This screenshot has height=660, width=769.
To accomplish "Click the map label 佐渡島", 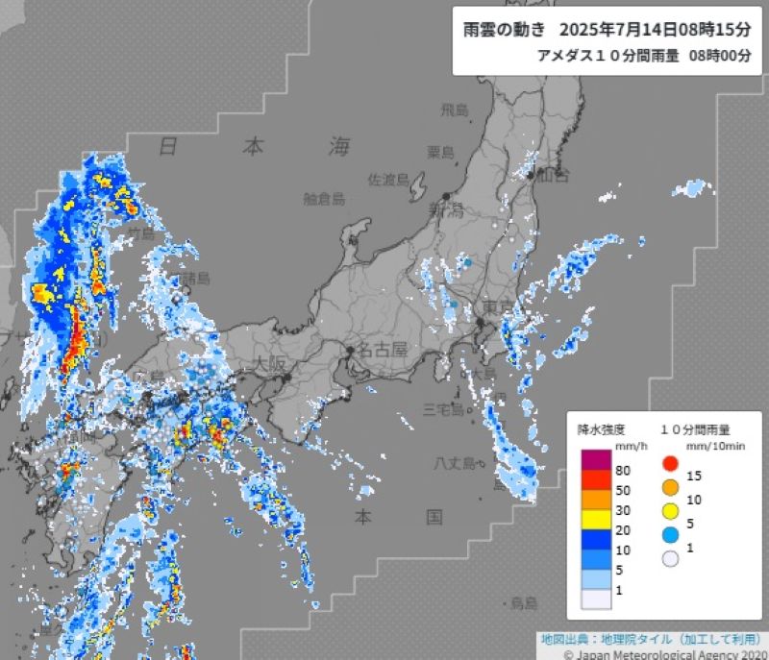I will point(389,180).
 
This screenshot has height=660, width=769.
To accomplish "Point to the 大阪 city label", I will point(270,365).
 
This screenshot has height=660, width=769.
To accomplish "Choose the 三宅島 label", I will point(444,409).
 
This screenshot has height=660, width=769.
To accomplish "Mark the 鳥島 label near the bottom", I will point(524,602).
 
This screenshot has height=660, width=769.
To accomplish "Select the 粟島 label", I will point(441,152).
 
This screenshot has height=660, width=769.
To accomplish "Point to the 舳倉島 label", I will point(323,199).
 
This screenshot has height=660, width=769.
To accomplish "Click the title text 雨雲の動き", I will point(504,29).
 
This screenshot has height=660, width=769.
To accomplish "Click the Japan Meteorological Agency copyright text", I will point(663,653).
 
